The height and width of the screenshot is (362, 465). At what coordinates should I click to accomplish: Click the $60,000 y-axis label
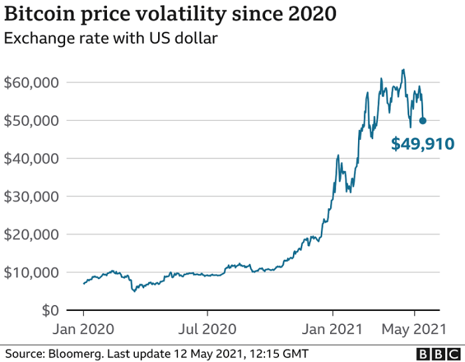31,82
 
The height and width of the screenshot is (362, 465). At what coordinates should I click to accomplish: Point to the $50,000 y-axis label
31,121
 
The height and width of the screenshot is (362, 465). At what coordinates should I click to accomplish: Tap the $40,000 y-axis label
31,158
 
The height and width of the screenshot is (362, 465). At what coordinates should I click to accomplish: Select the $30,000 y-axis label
31,196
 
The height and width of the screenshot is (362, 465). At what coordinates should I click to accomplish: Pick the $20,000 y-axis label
31,234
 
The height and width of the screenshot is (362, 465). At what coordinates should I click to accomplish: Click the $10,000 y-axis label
31,272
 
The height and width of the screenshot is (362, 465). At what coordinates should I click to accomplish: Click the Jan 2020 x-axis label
84,328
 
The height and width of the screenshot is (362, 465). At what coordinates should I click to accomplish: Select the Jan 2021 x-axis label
333,328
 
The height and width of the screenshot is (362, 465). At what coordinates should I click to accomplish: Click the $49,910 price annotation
422,143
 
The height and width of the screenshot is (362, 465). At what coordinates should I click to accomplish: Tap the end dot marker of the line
422,121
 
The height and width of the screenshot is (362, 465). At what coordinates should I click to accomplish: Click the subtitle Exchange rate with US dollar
111,38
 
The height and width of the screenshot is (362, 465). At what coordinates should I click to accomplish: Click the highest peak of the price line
403,70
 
